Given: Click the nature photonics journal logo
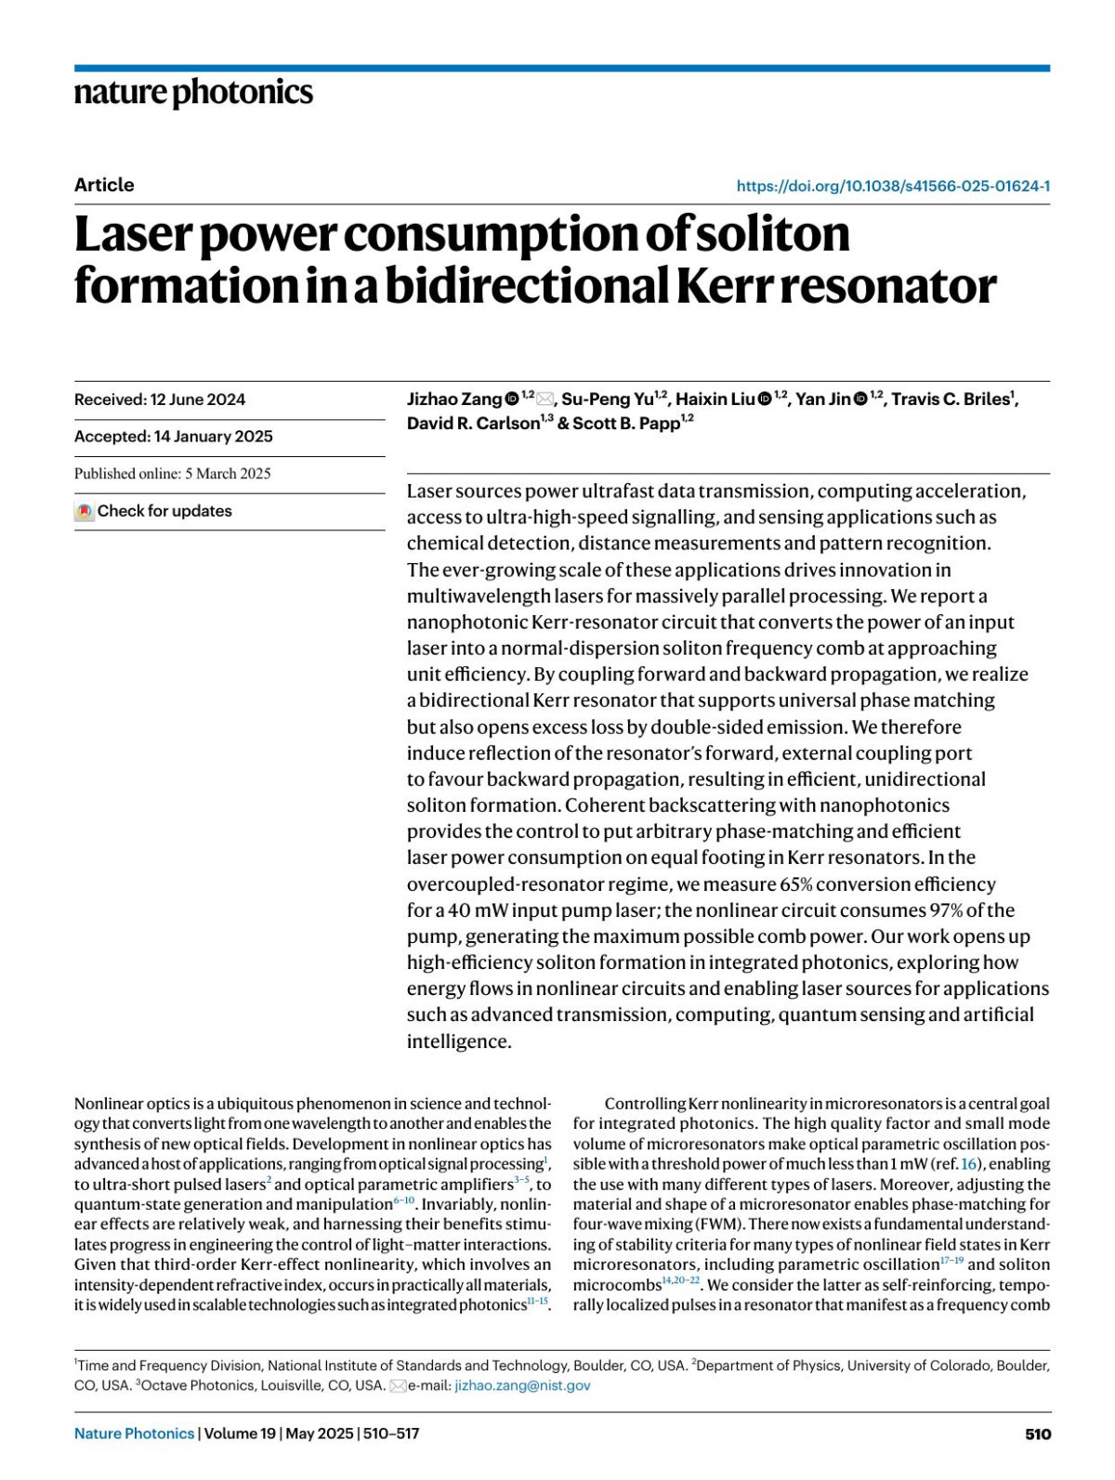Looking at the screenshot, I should [x=193, y=93].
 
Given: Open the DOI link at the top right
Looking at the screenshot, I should [x=893, y=186].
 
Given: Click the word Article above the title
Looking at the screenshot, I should [x=104, y=185].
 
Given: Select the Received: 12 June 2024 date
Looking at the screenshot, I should [x=160, y=399].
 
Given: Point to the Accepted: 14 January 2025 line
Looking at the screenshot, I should [x=174, y=437].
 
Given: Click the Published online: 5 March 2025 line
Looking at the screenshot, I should [x=173, y=474].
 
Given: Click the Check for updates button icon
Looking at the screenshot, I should [x=85, y=511].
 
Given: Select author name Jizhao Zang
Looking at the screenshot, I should [x=454, y=399].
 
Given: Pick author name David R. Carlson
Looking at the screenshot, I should [x=473, y=424].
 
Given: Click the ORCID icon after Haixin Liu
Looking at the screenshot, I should [x=765, y=399].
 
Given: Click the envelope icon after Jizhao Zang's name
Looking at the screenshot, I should [x=545, y=399].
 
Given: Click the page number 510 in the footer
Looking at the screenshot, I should [x=1038, y=1434].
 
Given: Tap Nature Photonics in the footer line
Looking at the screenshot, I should [x=134, y=1434].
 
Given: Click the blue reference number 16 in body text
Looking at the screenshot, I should [x=969, y=1164].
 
